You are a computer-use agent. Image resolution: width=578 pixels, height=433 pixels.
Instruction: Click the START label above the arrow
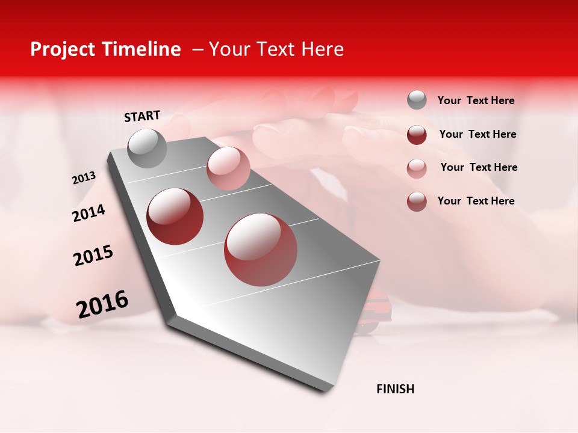[142, 116]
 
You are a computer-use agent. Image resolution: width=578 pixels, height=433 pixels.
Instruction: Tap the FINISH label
[396, 389]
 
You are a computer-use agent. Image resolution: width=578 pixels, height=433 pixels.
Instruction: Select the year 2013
[84, 178]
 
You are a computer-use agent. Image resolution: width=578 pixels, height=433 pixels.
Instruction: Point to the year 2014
[89, 213]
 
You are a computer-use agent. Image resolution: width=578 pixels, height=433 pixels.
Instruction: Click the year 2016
[102, 304]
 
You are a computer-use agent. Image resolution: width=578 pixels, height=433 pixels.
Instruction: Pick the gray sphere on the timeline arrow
[147, 148]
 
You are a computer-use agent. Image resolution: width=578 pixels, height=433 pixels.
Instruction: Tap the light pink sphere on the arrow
[228, 168]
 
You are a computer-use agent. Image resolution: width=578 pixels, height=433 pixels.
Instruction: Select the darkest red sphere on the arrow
[175, 216]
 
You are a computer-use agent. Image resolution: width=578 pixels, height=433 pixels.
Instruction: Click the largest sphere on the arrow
[261, 250]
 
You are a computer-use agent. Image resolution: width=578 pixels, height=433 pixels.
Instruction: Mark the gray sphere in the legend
[417, 100]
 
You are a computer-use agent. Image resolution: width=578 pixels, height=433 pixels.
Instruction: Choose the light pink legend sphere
[417, 168]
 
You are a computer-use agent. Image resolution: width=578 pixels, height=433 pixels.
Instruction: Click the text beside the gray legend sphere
[476, 101]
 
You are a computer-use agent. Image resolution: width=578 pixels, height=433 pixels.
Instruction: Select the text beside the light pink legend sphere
[479, 167]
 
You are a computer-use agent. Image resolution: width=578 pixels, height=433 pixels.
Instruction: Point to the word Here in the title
[322, 49]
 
